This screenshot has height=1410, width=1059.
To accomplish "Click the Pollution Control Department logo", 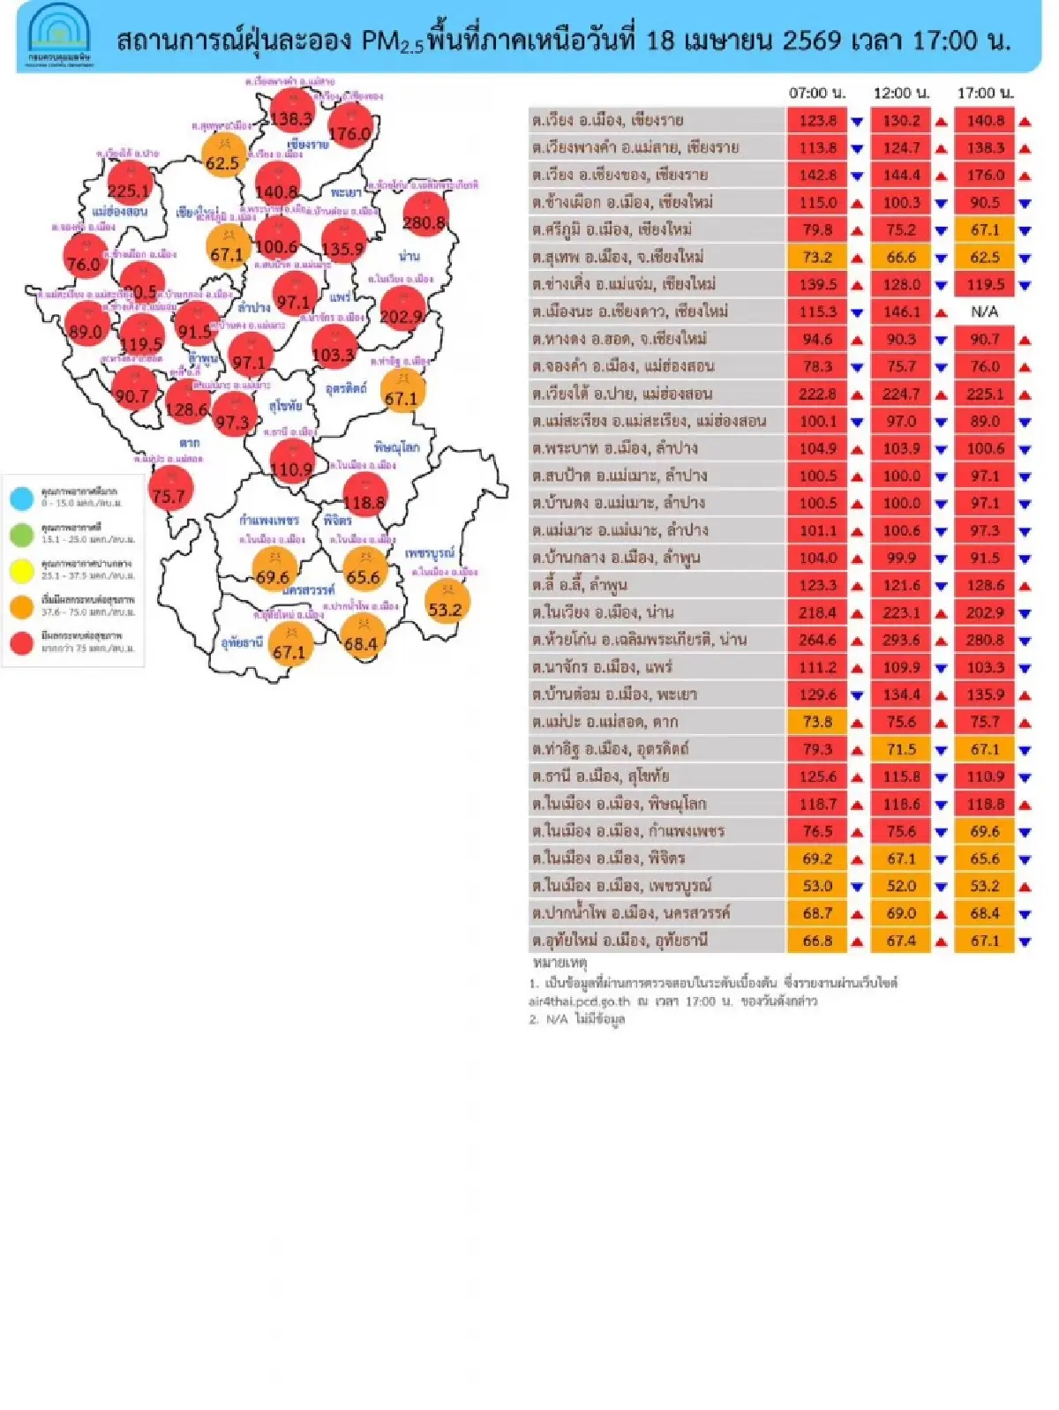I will [58, 36].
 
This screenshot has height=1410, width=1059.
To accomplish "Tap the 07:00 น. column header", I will [816, 93].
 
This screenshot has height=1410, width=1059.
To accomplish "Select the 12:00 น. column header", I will [901, 93].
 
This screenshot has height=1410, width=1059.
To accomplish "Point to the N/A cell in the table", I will [984, 311].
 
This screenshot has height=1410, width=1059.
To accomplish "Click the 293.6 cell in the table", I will [901, 640].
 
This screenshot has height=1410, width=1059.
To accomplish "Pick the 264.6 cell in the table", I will [817, 640].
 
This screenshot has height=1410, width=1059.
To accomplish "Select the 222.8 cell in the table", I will [817, 394].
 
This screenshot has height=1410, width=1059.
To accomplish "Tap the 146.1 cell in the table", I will [901, 311].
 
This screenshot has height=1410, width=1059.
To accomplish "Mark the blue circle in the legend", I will [21, 498].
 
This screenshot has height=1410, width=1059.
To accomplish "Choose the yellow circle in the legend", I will [21, 570].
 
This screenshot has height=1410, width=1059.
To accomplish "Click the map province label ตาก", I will [189, 443].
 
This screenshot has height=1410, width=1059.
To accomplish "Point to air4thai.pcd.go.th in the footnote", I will [579, 1001].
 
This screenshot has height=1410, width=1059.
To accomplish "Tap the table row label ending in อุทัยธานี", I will [620, 941].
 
